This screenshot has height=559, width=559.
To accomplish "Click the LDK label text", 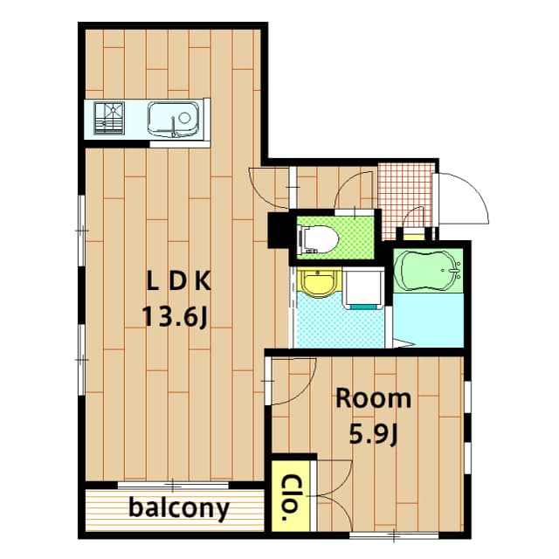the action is tap(179, 281).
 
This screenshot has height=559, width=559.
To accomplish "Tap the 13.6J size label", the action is tap(175, 316).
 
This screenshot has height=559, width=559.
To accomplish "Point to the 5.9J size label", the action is tap(373, 433).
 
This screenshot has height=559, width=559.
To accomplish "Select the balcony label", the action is tap(178, 508).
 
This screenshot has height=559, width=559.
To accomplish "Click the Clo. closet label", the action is tap(290, 498).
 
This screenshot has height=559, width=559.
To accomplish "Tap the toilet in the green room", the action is tap(318, 238).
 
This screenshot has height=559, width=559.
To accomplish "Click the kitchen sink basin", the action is tap(173, 120).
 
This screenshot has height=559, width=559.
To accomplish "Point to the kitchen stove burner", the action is tap(109, 118).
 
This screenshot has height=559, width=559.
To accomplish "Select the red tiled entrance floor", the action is tap(405, 200).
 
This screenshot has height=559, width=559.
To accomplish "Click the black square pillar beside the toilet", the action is tap(279, 230).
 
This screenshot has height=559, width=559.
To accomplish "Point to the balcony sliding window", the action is tap(173, 485).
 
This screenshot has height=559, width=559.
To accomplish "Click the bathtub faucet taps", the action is tap(456, 271).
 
